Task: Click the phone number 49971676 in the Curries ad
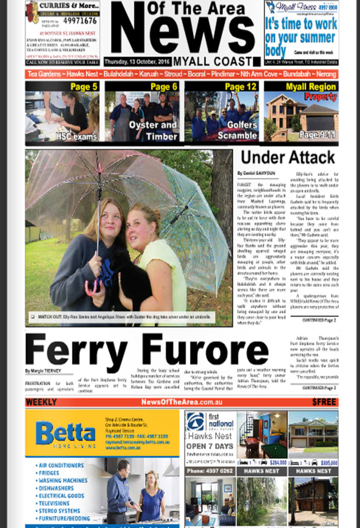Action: click(x=76, y=21)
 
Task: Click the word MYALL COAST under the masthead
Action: click(x=217, y=61)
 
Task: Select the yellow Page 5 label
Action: click(x=84, y=87)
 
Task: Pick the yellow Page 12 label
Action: click(x=241, y=87)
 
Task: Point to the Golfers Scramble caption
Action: click(x=237, y=130)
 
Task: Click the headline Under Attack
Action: click(x=288, y=157)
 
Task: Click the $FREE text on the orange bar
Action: click(x=324, y=402)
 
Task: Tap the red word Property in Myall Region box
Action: click(x=320, y=96)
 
